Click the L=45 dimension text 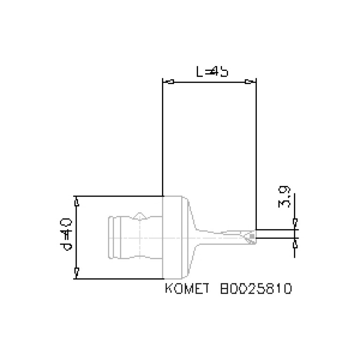click(212, 72)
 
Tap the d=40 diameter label click(67, 234)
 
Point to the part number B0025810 click(256, 288)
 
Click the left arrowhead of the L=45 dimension click(171, 82)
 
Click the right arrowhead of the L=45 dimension click(248, 82)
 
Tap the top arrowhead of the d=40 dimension click(77, 202)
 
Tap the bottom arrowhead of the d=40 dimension click(77, 271)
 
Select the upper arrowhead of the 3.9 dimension click(295, 222)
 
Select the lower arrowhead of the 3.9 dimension click(295, 245)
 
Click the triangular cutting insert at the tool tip click(249, 236)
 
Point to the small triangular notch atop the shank click(140, 215)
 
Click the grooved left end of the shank click(115, 237)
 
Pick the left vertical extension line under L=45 click(162, 141)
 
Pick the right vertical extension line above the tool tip click(256, 155)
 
